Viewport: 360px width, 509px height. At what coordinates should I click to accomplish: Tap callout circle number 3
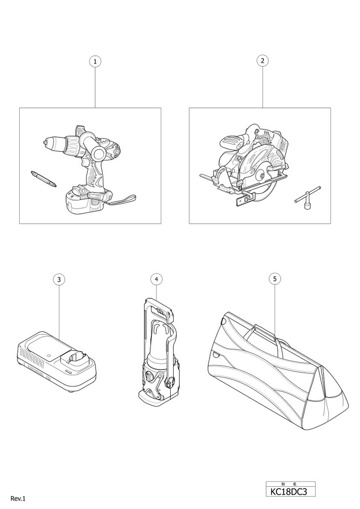(x=59, y=279)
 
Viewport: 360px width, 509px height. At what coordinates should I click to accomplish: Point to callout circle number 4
(x=156, y=279)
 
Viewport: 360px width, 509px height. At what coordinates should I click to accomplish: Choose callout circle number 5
(x=275, y=279)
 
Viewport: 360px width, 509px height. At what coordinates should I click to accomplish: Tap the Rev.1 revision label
(x=17, y=499)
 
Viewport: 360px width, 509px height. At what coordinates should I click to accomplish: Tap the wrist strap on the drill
(x=121, y=200)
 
